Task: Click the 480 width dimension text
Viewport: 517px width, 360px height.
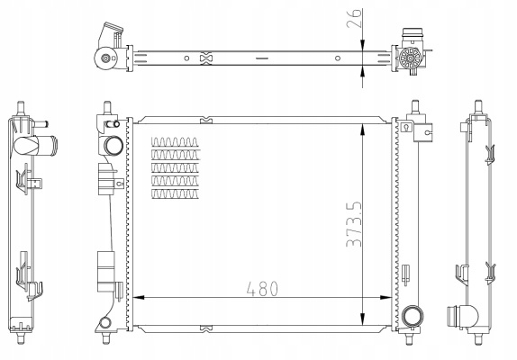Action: click(x=262, y=289)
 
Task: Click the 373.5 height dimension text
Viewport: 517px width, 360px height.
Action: click(x=354, y=224)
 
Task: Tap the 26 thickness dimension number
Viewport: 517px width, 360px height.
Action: click(x=354, y=18)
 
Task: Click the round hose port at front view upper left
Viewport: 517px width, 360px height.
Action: click(x=113, y=146)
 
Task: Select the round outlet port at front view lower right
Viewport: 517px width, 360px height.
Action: click(x=413, y=317)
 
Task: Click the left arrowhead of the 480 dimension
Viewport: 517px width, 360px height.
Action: click(x=139, y=298)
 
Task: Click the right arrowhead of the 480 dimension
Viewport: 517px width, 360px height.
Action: click(x=385, y=298)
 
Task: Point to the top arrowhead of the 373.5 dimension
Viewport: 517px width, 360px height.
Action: click(x=363, y=130)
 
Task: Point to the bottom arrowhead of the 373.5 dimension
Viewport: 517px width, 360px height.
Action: click(x=363, y=319)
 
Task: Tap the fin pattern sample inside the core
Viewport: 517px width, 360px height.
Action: click(x=176, y=168)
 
